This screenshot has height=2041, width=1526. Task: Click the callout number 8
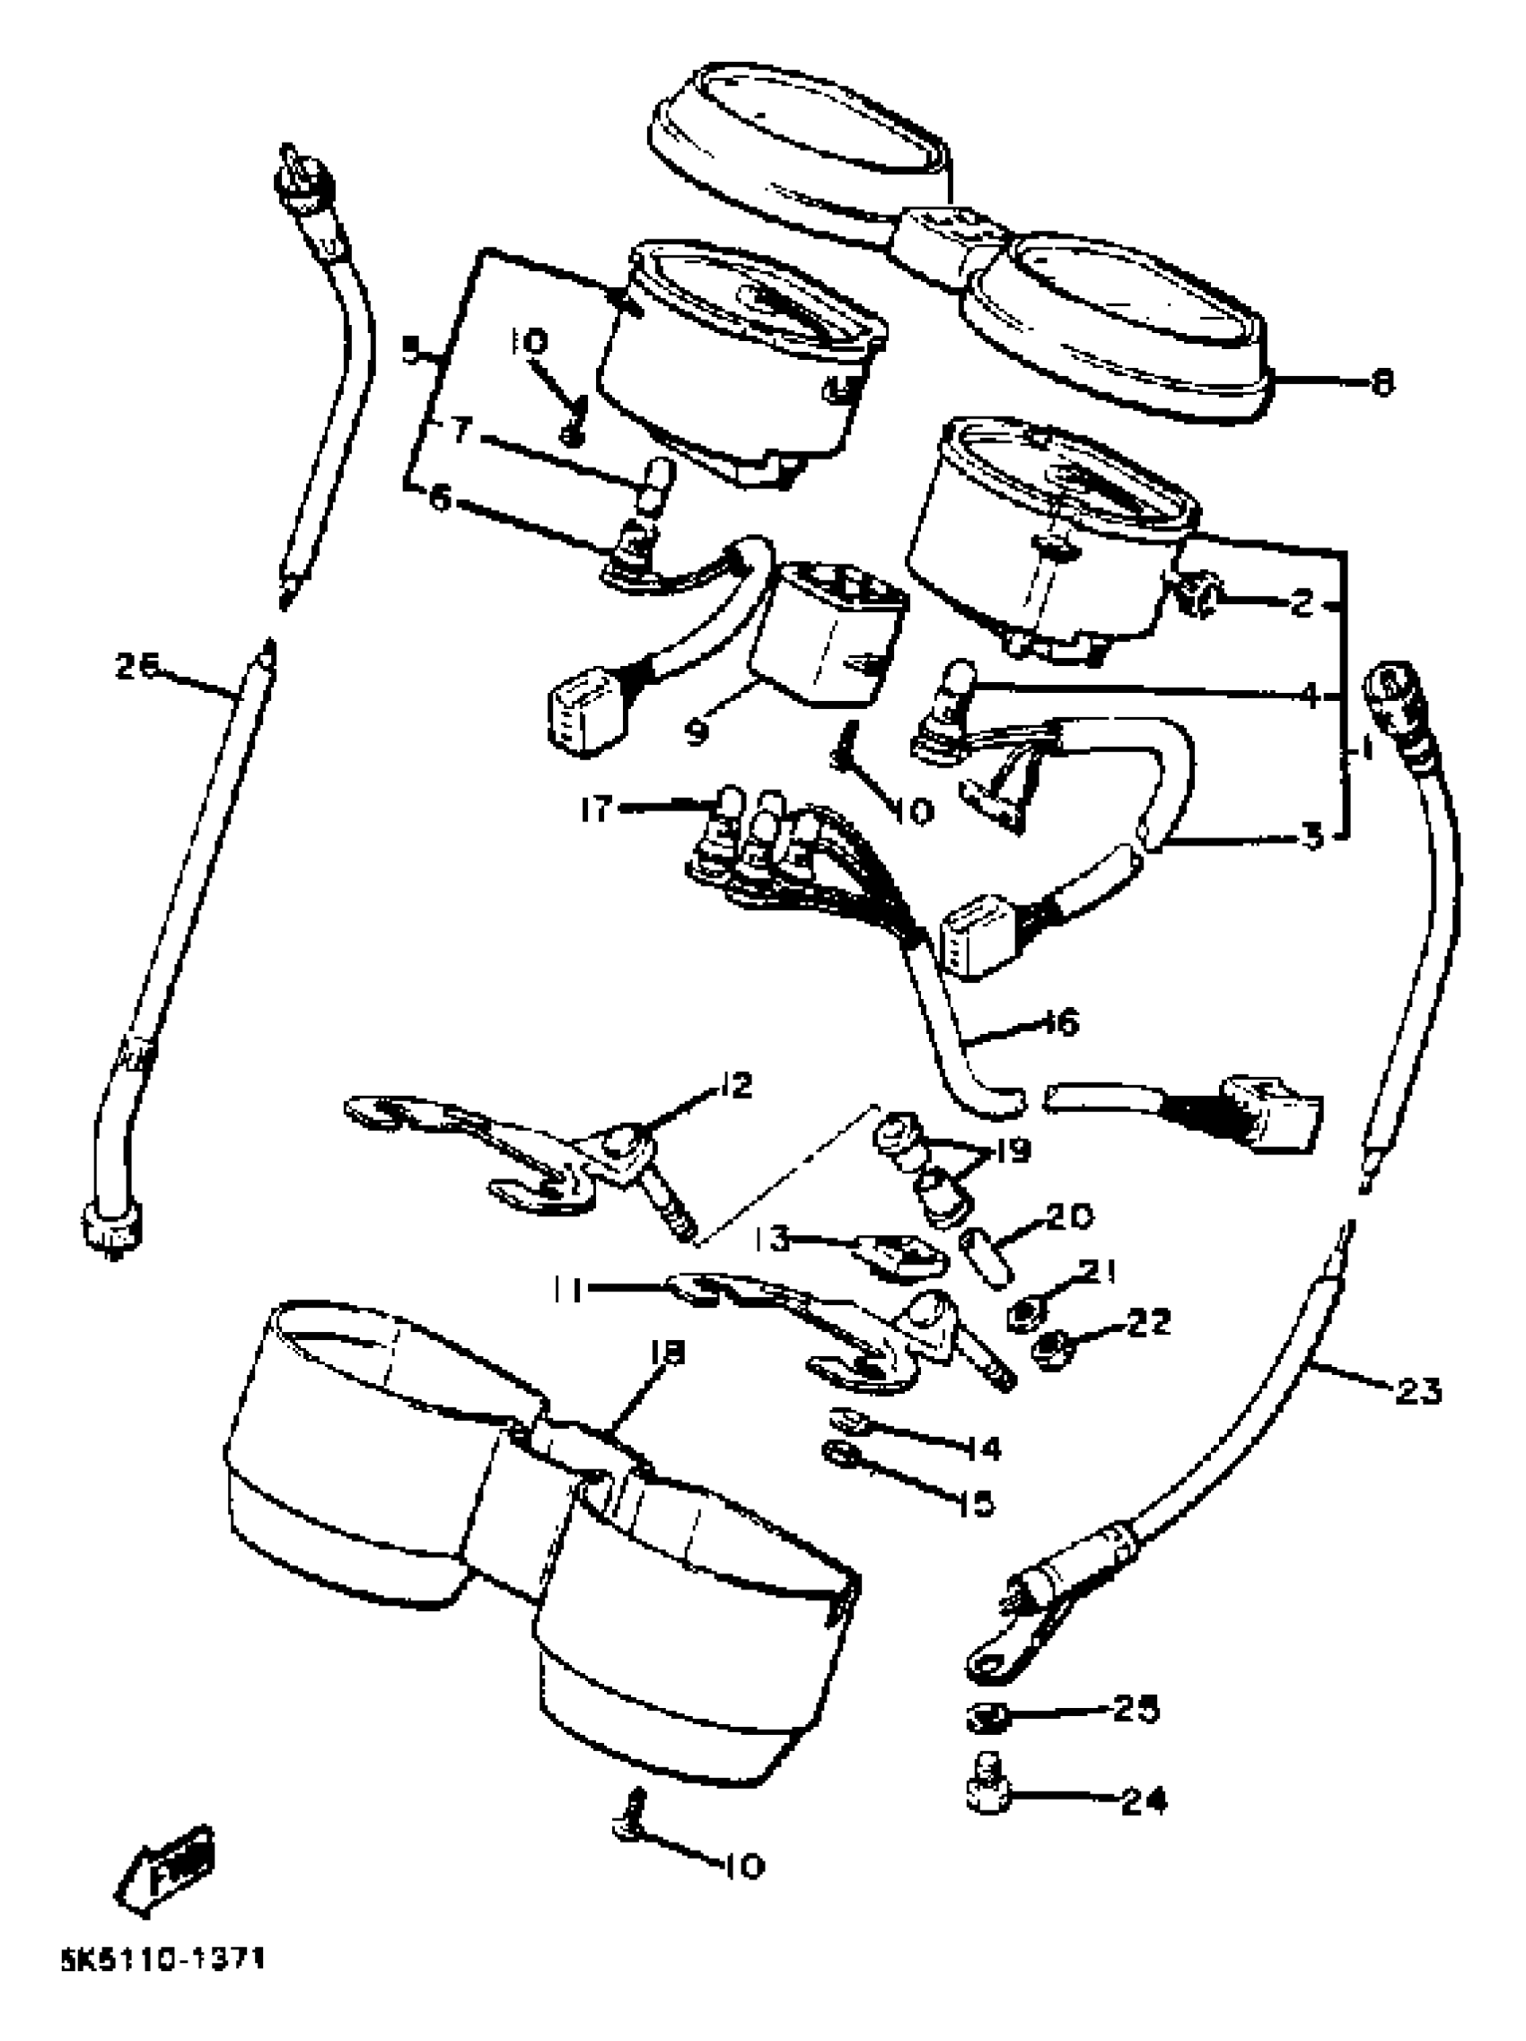[1381, 383]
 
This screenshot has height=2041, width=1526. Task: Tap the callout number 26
[137, 665]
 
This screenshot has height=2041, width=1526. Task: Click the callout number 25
[1135, 1710]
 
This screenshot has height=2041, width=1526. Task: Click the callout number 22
[1147, 1322]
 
